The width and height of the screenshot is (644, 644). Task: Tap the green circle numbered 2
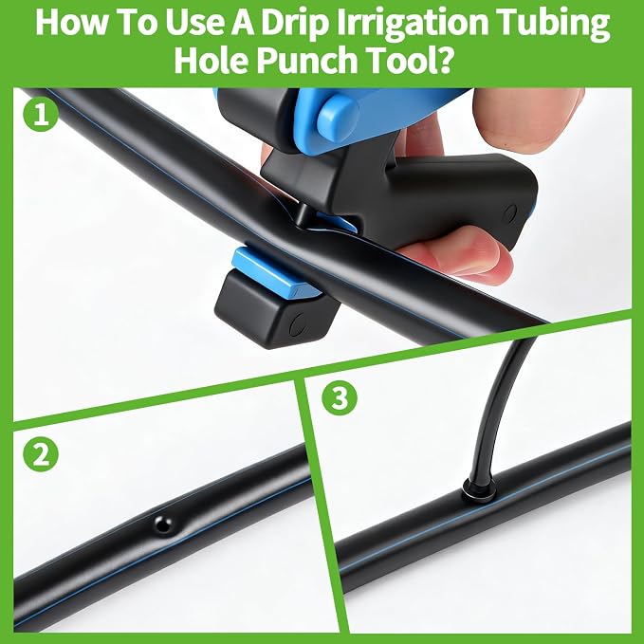41,454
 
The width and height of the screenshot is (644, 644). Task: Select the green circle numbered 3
340,397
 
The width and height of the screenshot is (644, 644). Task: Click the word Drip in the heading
295,24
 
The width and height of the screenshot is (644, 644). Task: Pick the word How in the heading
70,24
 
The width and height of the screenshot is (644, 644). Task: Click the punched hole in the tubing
163,524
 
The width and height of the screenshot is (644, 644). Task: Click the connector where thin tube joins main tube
477,489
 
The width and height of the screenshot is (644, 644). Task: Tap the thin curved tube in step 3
499,407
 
